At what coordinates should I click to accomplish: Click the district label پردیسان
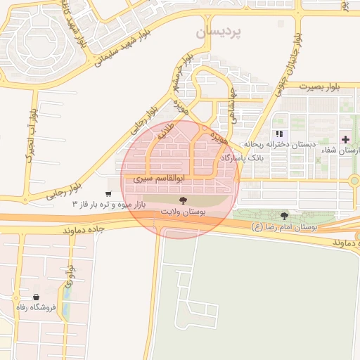[218, 32]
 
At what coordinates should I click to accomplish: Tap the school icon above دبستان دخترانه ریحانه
[280, 134]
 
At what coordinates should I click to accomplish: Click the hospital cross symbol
[345, 139]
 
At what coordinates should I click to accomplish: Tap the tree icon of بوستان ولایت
[183, 201]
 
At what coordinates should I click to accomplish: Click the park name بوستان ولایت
[182, 211]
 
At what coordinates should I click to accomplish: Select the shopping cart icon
[108, 194]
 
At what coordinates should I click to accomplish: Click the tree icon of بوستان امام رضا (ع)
[284, 216]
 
